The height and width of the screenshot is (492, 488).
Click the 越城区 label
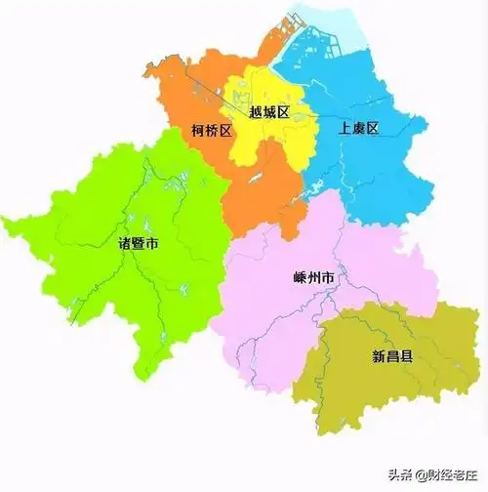click(x=268, y=113)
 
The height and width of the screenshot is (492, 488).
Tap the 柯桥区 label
click(x=212, y=130)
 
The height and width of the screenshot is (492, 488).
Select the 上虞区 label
click(x=357, y=128)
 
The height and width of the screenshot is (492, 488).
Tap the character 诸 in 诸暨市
click(x=123, y=243)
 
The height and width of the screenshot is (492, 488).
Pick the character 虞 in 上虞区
click(x=357, y=128)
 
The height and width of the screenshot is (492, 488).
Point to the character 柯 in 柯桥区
click(x=197, y=130)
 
